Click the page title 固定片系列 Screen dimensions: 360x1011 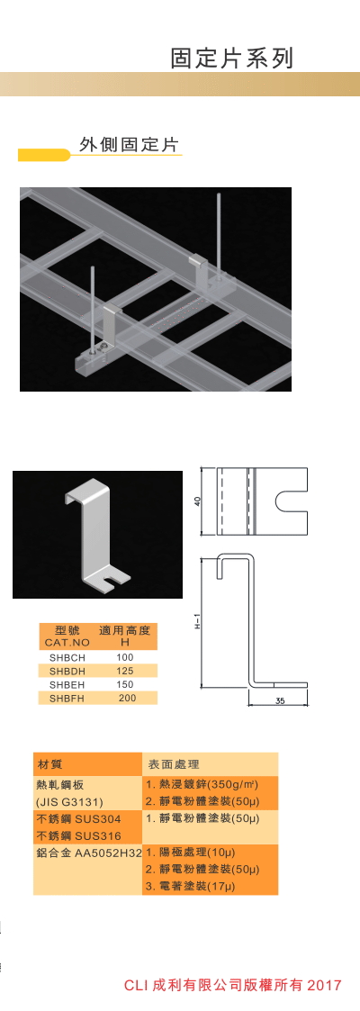pos(232,58)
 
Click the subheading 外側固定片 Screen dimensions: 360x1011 pos(128,144)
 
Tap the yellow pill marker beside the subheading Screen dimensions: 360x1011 pos(44,155)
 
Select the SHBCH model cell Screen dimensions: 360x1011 pos(67,657)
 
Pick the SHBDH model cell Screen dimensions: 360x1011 pos(67,671)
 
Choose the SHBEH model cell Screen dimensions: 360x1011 pos(67,684)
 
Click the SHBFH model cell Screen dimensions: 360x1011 pos(67,698)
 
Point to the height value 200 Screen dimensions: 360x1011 pos(127,698)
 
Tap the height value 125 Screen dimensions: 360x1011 pos(125,671)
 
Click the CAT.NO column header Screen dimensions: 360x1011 pos(67,642)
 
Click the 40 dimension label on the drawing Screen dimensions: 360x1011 pos(198,500)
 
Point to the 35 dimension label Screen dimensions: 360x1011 pos(279,701)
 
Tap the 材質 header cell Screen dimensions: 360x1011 pos(49,764)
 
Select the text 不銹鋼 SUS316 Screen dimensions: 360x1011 pos(79,835)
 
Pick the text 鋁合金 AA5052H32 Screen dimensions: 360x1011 pos(89,853)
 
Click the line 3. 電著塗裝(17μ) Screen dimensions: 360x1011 pos(190,887)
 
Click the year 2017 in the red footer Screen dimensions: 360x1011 pos(325,985)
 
